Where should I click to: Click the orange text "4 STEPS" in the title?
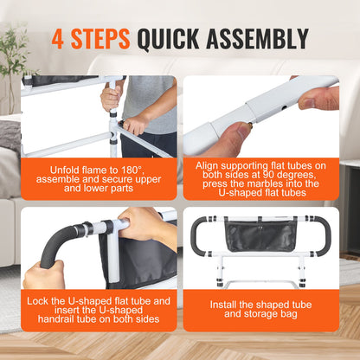tap(90, 39)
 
